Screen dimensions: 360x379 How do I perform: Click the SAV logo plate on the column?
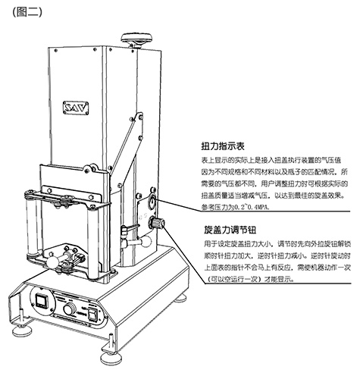click(76, 108)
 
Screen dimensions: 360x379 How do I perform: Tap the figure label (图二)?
click(27, 12)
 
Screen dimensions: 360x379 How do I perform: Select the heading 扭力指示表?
click(223, 146)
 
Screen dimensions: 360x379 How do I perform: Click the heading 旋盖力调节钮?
click(230, 230)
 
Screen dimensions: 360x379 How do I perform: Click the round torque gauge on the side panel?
click(152, 202)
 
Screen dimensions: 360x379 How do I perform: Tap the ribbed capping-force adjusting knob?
click(158, 224)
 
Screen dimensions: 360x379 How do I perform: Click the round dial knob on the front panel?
click(70, 310)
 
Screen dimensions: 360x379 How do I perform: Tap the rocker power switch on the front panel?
click(92, 315)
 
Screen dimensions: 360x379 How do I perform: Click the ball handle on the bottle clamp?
click(52, 262)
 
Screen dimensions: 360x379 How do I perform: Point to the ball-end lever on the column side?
click(145, 242)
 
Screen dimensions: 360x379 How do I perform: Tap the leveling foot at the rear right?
click(180, 299)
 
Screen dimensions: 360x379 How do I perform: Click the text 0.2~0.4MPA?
click(252, 207)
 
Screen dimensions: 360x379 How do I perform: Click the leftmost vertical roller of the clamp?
click(31, 227)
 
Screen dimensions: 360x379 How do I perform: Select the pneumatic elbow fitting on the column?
click(125, 236)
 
